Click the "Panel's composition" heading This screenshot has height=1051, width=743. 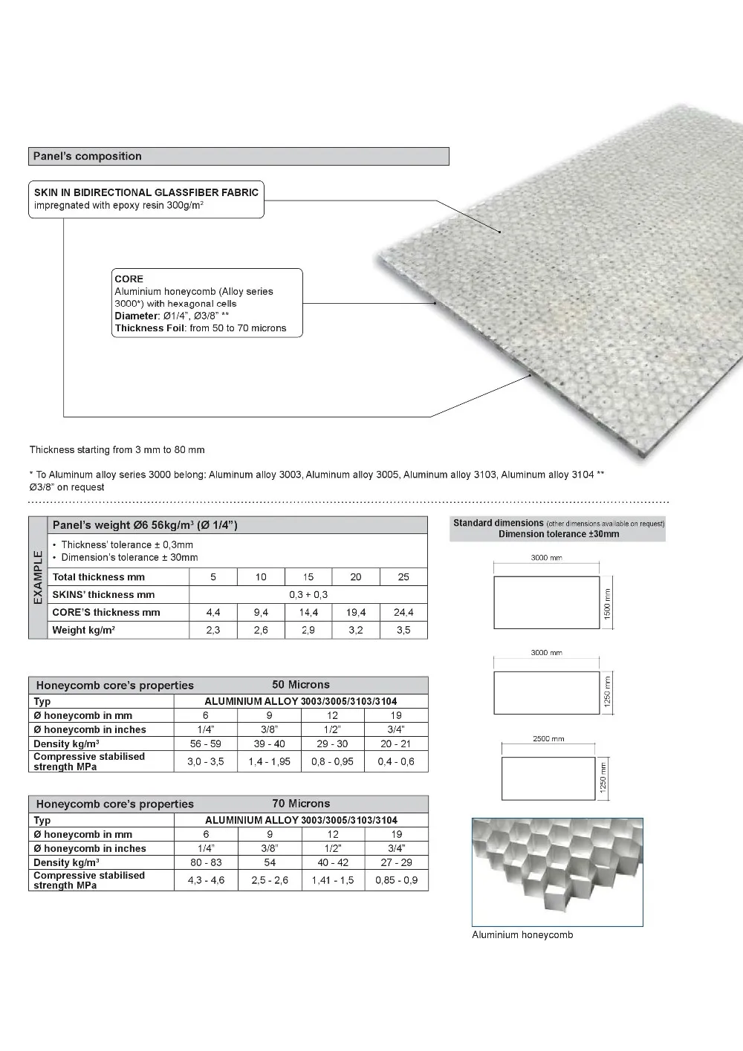click(x=88, y=156)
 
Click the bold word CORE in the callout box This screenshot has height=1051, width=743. click(x=129, y=279)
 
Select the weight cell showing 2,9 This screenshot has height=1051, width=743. click(x=308, y=630)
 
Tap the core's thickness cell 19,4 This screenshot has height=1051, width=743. click(x=356, y=612)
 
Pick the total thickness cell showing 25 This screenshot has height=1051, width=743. click(x=403, y=577)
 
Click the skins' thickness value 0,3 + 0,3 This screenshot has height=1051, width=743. click(x=308, y=594)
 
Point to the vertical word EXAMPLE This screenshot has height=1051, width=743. click(x=38, y=577)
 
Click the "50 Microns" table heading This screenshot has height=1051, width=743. click(x=301, y=685)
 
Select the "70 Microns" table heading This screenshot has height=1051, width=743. click(x=301, y=804)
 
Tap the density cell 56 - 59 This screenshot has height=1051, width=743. click(x=206, y=743)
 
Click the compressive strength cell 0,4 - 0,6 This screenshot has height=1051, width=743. click(x=396, y=761)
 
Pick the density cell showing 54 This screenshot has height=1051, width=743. click(x=270, y=862)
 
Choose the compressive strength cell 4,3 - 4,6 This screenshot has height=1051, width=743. click(x=206, y=880)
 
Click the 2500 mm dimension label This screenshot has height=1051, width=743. click(x=548, y=739)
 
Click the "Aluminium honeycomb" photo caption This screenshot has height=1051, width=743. click(x=522, y=935)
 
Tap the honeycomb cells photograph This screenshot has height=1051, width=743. click(x=557, y=872)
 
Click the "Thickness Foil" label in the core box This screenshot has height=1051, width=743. click(x=150, y=328)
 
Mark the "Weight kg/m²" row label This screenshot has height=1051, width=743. click(x=83, y=630)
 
